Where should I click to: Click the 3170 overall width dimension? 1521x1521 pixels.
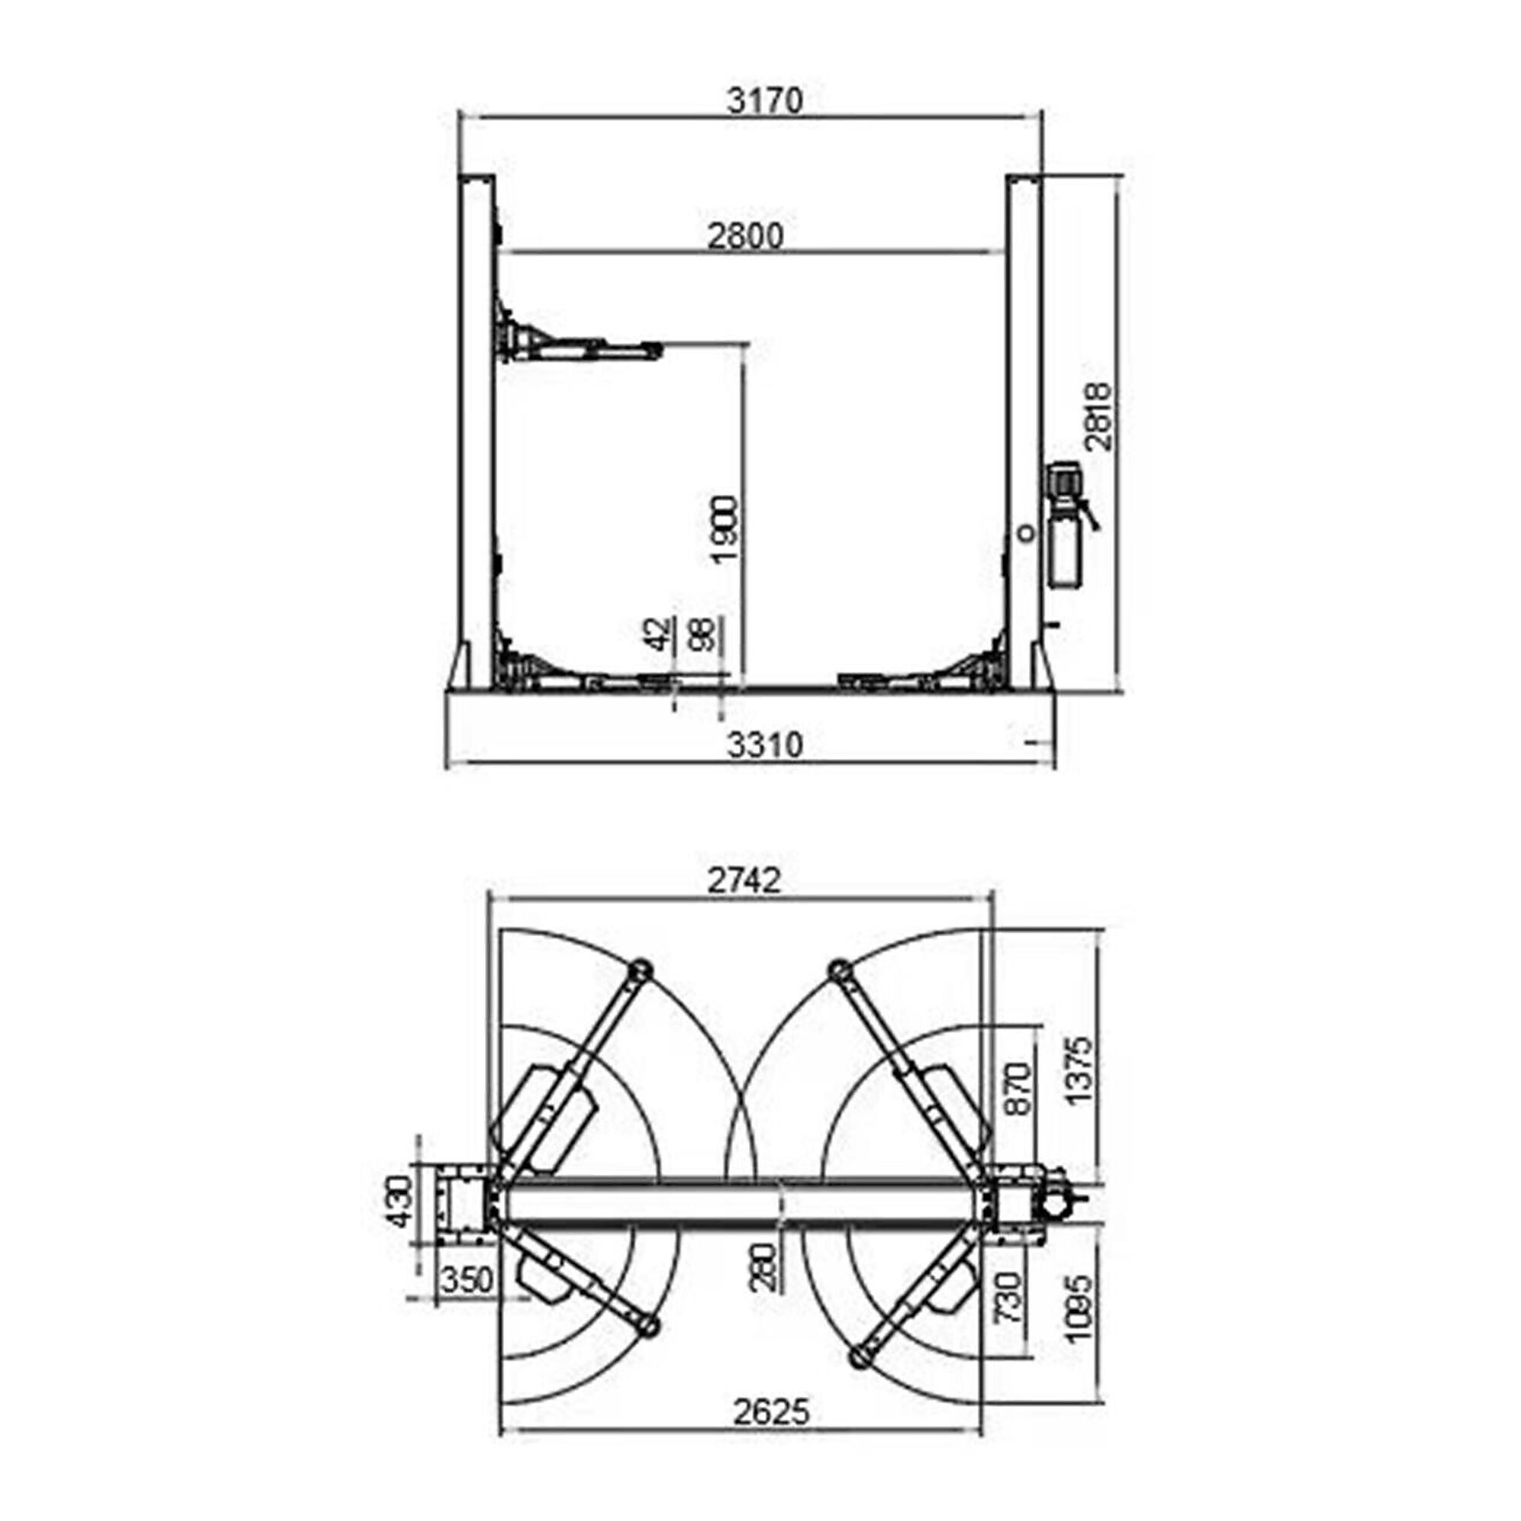point(764,101)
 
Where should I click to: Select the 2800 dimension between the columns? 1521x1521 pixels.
point(745,236)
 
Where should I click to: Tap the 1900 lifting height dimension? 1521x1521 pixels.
point(723,529)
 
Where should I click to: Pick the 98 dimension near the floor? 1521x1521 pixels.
point(703,633)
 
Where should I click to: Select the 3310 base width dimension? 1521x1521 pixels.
point(764,745)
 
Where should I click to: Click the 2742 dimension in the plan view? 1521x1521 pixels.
point(744,880)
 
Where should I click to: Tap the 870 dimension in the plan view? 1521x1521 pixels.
point(1020,1088)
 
